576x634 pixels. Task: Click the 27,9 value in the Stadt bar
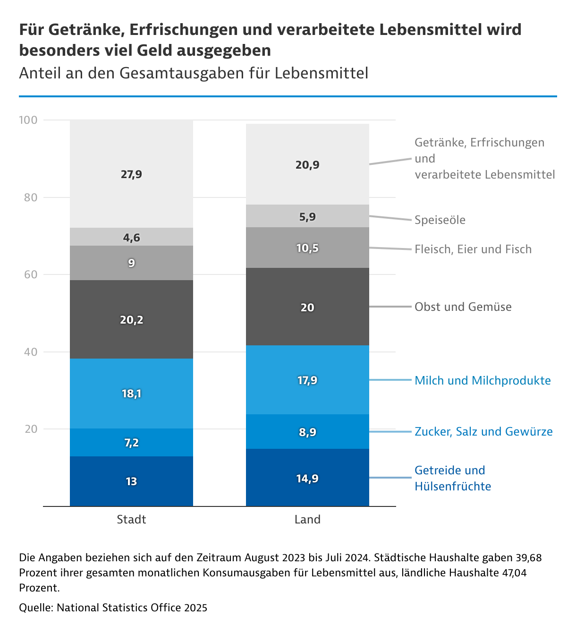pos(131,174)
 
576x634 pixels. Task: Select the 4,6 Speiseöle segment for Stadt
pos(131,237)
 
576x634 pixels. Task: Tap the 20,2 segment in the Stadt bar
pos(131,320)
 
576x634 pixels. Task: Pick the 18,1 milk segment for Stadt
pos(131,394)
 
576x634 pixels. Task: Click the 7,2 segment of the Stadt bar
pos(131,443)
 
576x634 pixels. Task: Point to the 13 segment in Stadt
pos(131,481)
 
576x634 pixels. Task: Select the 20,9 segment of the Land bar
pos(307,165)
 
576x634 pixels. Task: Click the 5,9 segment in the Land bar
pos(307,217)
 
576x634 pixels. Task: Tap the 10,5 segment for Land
pos(307,248)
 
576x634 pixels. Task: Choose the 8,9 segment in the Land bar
pos(307,432)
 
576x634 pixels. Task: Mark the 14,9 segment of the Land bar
pos(307,479)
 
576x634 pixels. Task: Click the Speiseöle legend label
pos(440,220)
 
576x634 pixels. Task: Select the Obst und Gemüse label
pos(463,307)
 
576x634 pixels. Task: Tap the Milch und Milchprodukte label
pos(483,381)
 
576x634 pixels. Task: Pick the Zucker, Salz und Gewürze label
pos(483,432)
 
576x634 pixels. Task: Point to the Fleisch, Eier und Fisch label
pos(473,249)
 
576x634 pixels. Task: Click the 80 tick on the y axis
pos(31,197)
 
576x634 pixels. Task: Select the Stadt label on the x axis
pos(131,520)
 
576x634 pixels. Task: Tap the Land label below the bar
pos(307,520)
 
